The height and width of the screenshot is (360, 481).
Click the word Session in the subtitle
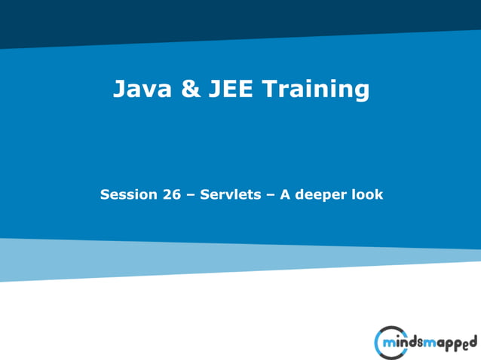pos(128,194)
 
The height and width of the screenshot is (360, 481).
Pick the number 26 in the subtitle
pos(171,194)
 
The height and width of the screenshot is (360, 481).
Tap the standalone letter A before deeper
pos(286,194)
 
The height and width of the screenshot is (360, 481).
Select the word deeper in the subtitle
pos(321,195)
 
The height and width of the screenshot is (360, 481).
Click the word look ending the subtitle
pos(367,194)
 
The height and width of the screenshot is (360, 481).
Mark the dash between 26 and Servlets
pos(190,195)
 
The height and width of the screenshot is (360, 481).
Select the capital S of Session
pos(105,194)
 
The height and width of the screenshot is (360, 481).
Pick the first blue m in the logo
pos(391,344)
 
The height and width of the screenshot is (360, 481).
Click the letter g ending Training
pos(361,93)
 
